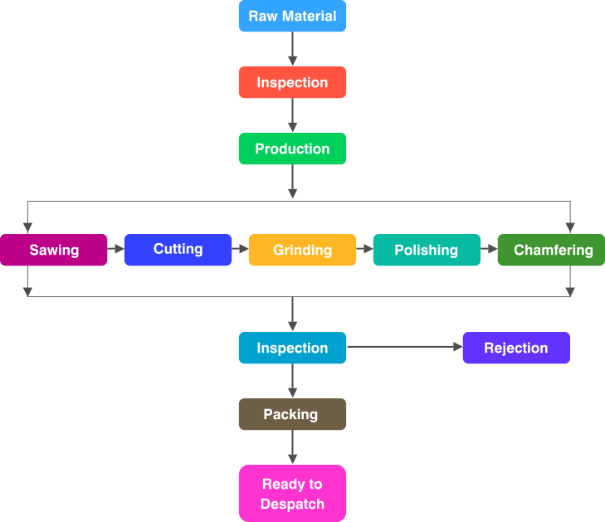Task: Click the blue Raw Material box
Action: click(x=292, y=17)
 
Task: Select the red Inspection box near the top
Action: click(x=292, y=83)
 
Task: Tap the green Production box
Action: click(x=292, y=149)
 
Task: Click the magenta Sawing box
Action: click(x=54, y=250)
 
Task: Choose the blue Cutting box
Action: click(x=178, y=250)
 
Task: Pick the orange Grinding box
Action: click(x=302, y=250)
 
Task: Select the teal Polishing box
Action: click(x=427, y=250)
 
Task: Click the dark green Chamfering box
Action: click(x=551, y=250)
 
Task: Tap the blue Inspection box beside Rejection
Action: click(x=292, y=348)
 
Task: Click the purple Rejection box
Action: click(x=516, y=348)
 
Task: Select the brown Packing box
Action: click(x=292, y=414)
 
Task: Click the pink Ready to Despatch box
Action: click(x=292, y=494)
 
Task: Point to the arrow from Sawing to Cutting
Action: click(x=116, y=248)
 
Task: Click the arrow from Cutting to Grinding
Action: click(x=241, y=248)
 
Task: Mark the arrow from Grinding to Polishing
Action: click(x=365, y=248)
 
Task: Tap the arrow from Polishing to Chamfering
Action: click(x=489, y=248)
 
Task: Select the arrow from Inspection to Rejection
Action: click(x=404, y=348)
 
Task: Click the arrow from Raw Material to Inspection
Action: click(x=292, y=49)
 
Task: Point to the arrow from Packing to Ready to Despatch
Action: click(x=292, y=447)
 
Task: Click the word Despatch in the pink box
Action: click(x=292, y=504)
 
